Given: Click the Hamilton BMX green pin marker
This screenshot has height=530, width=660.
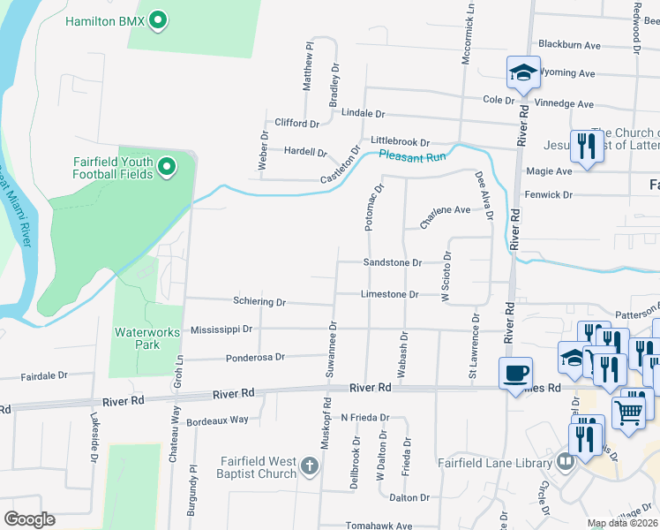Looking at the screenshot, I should (158, 19).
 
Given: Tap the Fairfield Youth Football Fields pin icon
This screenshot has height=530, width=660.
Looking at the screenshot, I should (167, 166).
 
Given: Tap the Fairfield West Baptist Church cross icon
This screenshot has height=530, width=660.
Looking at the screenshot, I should (309, 465).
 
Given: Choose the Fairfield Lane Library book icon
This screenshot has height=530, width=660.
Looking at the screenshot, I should (566, 462).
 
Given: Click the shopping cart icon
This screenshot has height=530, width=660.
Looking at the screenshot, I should (628, 412).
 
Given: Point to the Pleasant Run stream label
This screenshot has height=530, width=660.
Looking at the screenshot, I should (412, 155).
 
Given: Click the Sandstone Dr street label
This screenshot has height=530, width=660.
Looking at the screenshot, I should (393, 262).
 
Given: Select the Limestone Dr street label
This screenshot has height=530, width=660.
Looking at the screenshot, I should (389, 294).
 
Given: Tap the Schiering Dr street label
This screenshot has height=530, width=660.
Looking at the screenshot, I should (259, 302).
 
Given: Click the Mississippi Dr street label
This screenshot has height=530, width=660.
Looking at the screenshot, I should (221, 329).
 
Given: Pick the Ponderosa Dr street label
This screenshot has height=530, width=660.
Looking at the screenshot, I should (255, 358).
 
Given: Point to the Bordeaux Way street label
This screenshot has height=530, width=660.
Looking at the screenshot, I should (217, 420).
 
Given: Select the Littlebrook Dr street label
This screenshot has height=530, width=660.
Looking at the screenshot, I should (400, 141).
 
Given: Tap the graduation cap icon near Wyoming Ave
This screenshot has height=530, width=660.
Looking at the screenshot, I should (523, 72).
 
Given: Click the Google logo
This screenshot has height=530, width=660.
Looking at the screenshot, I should (29, 519).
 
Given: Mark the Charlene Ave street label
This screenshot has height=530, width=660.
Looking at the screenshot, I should (445, 210).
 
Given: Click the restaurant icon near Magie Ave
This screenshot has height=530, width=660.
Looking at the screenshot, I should (585, 144).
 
